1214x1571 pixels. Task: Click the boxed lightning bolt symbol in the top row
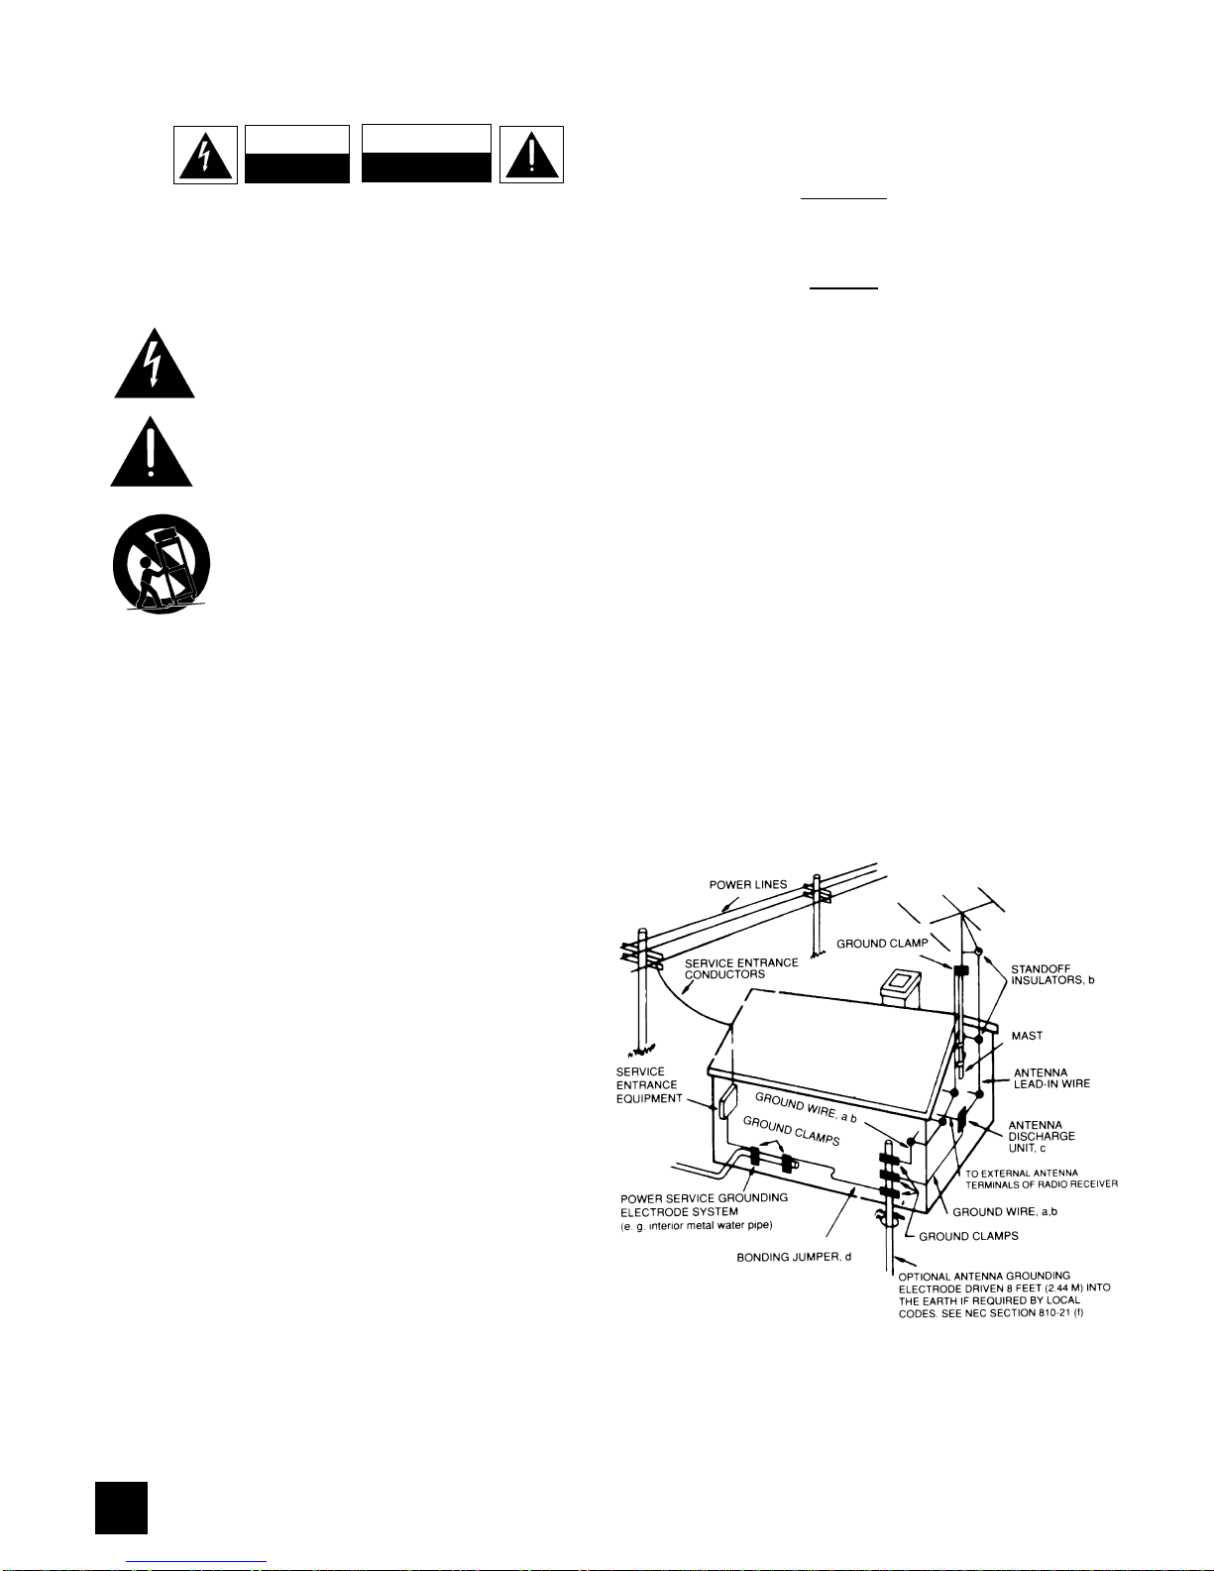pyautogui.click(x=205, y=155)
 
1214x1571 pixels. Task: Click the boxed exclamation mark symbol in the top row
pyautogui.click(x=531, y=155)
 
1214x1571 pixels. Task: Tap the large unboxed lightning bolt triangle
pyautogui.click(x=154, y=364)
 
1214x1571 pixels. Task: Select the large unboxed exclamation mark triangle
pyautogui.click(x=151, y=452)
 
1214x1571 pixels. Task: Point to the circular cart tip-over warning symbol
pyautogui.click(x=162, y=564)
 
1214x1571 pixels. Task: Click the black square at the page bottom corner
pyautogui.click(x=121, y=1508)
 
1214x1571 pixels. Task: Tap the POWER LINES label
pyautogui.click(x=748, y=884)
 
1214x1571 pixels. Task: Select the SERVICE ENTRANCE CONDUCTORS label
pyautogui.click(x=741, y=968)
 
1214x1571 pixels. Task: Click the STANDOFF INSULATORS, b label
pyautogui.click(x=1052, y=974)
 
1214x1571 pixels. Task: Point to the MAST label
pyautogui.click(x=1027, y=1036)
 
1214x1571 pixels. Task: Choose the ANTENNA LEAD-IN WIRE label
pyautogui.click(x=1051, y=1078)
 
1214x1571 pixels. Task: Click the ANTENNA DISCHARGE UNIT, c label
pyautogui.click(x=1042, y=1136)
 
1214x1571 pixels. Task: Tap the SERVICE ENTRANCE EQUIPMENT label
pyautogui.click(x=649, y=1084)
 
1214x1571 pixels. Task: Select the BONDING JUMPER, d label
pyautogui.click(x=794, y=1257)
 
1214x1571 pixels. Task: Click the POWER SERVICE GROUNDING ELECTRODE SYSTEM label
pyautogui.click(x=704, y=1204)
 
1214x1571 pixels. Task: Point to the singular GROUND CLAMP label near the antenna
pyautogui.click(x=882, y=943)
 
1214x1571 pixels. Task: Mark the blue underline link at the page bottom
pyautogui.click(x=196, y=1562)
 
